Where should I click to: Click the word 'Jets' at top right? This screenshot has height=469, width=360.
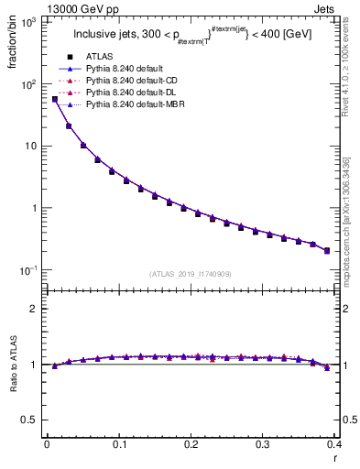(341, 7)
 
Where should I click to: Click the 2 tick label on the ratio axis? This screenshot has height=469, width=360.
(35, 309)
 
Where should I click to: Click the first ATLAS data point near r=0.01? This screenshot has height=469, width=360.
(54, 99)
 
